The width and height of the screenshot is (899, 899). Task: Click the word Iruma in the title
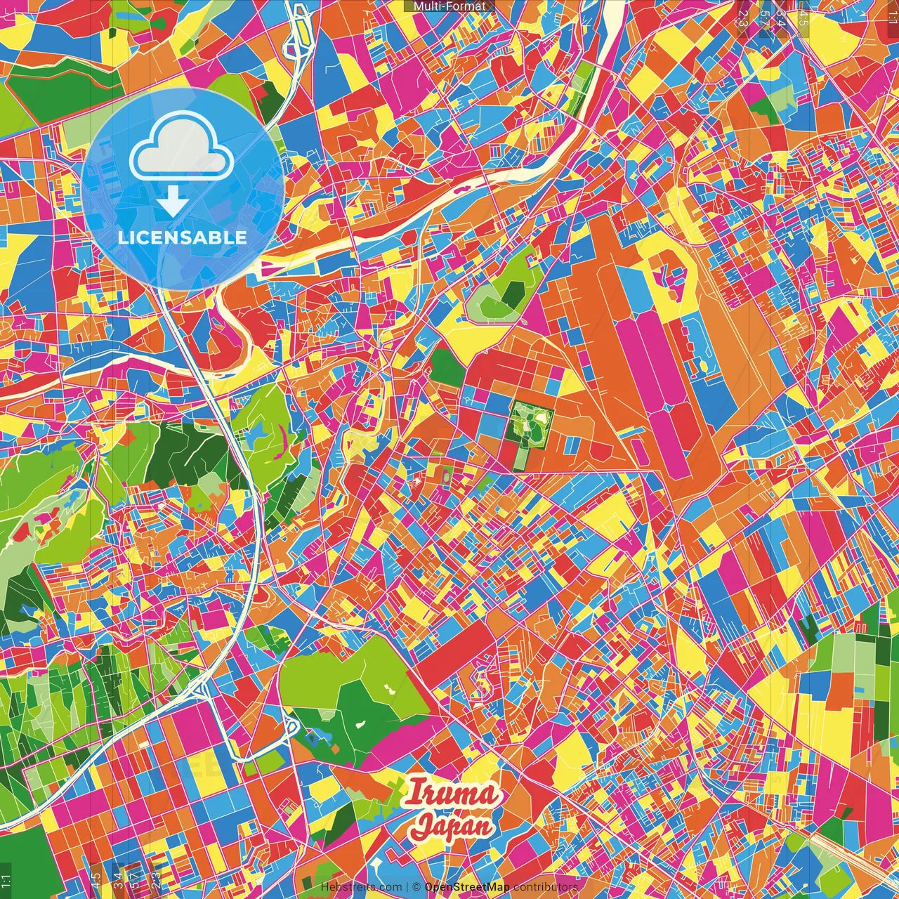click(x=454, y=794)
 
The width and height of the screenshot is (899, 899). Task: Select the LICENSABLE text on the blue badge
click(x=183, y=237)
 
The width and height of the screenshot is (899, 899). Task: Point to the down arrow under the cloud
click(x=172, y=203)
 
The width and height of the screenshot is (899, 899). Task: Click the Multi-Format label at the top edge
click(x=449, y=6)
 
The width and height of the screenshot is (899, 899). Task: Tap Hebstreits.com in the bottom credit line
click(x=362, y=887)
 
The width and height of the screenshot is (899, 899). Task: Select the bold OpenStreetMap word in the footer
click(x=467, y=887)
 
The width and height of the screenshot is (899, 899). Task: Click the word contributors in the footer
click(x=545, y=887)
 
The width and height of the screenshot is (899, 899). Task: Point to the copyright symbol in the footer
click(x=416, y=887)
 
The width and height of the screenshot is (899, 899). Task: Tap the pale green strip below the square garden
click(x=520, y=458)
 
